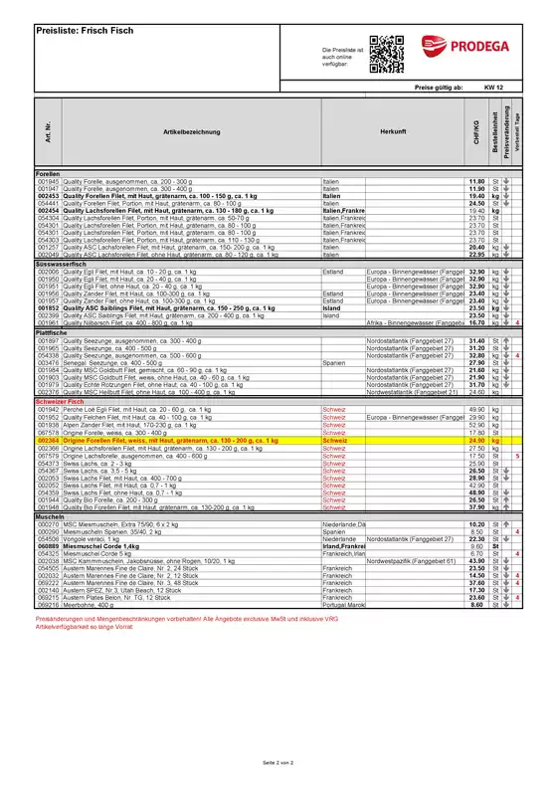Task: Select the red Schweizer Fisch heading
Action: (x=62, y=401)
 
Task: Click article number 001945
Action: (x=48, y=181)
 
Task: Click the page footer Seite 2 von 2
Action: (x=278, y=762)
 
